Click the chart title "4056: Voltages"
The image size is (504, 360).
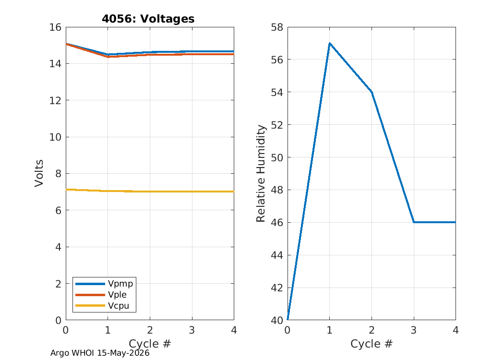148,19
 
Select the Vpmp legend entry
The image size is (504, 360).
104,284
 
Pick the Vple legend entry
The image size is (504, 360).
101,294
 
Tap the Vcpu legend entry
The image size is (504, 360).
102,305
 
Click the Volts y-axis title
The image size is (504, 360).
39,173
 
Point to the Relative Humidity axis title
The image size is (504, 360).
261,173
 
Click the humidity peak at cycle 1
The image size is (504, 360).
329,43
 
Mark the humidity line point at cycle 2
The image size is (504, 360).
372,92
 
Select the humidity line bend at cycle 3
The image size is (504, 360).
414,222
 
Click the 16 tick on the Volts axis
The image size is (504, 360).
55,27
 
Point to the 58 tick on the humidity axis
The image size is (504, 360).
277,27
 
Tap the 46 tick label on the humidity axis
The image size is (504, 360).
277,222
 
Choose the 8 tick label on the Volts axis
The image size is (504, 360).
58,174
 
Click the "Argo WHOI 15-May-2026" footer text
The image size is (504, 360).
100,353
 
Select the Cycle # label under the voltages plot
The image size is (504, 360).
150,344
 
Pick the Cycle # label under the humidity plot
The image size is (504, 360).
372,344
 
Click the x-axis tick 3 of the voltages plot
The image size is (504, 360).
192,330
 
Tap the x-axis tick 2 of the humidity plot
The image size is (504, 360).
372,330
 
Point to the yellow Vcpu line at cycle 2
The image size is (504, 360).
150,192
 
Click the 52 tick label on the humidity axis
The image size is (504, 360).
277,125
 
